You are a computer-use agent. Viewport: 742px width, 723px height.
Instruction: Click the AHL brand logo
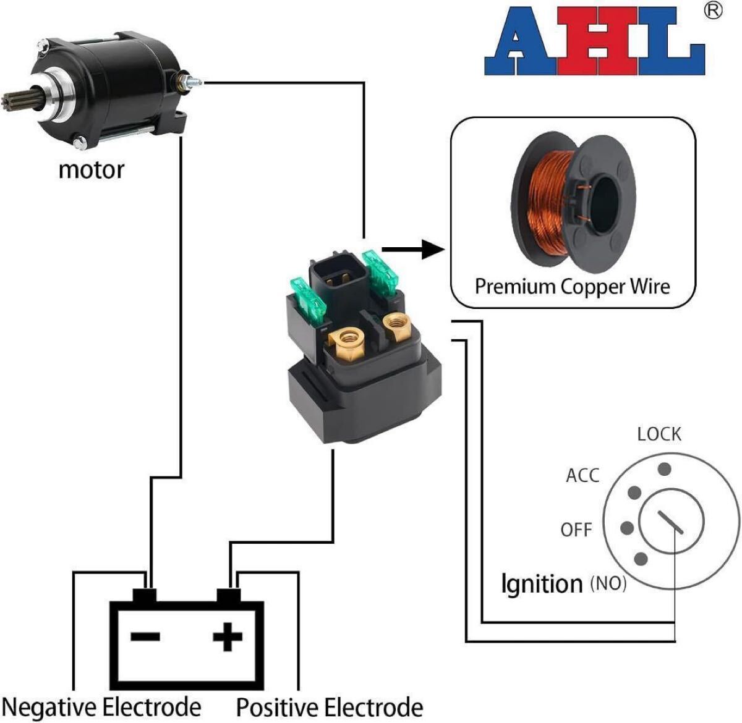pyautogui.click(x=594, y=41)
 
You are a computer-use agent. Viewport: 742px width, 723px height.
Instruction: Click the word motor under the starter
pyautogui.click(x=92, y=169)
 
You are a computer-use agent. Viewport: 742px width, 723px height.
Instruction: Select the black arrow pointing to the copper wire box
pyautogui.click(x=413, y=250)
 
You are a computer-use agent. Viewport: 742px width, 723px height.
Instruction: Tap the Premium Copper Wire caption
pyautogui.click(x=573, y=287)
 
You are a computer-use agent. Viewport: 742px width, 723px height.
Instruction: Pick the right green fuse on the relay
pyautogui.click(x=379, y=273)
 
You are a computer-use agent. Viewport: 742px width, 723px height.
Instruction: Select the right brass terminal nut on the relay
pyautogui.click(x=396, y=326)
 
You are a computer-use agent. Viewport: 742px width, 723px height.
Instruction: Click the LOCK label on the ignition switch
pyautogui.click(x=659, y=434)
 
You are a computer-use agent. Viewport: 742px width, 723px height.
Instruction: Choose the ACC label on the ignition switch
pyautogui.click(x=582, y=476)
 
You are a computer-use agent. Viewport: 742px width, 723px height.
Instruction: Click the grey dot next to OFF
pyautogui.click(x=627, y=528)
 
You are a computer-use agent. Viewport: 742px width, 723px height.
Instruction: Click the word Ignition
pyautogui.click(x=542, y=583)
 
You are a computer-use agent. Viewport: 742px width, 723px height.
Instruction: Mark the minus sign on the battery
pyautogui.click(x=145, y=636)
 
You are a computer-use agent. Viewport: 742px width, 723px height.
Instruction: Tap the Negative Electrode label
pyautogui.click(x=101, y=706)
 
